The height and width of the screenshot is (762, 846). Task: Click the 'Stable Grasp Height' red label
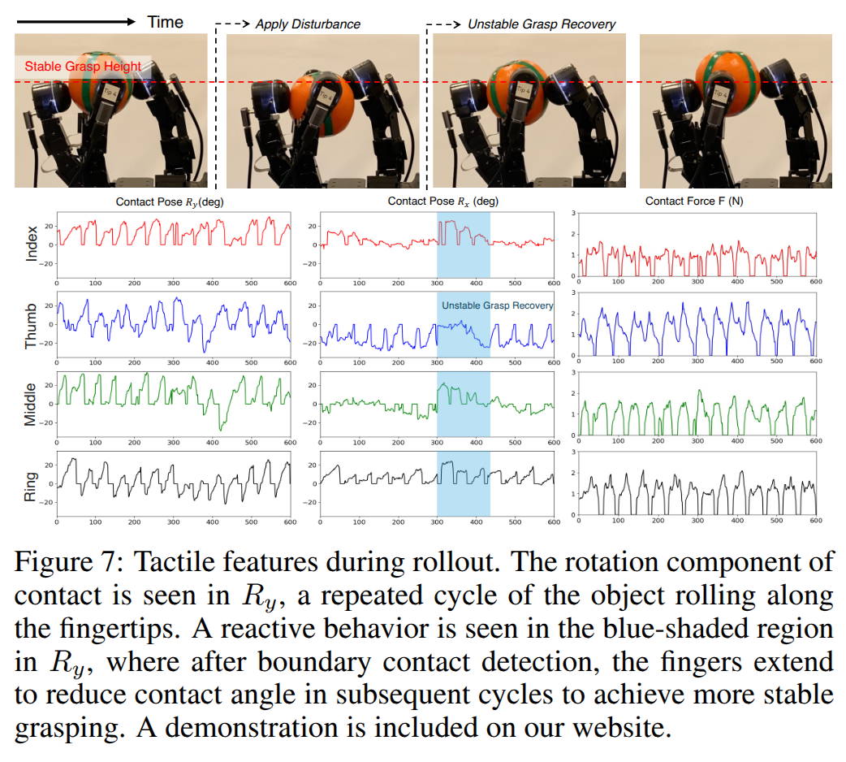[82, 67]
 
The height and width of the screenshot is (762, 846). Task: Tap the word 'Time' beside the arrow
[166, 22]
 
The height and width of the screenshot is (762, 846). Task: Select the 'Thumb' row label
[32, 325]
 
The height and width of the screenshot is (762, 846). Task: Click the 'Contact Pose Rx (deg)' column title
[442, 201]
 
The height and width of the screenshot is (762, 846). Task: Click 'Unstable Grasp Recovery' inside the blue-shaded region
[497, 305]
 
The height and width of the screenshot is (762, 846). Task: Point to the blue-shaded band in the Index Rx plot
[464, 244]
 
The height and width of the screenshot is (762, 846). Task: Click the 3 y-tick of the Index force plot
[573, 213]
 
